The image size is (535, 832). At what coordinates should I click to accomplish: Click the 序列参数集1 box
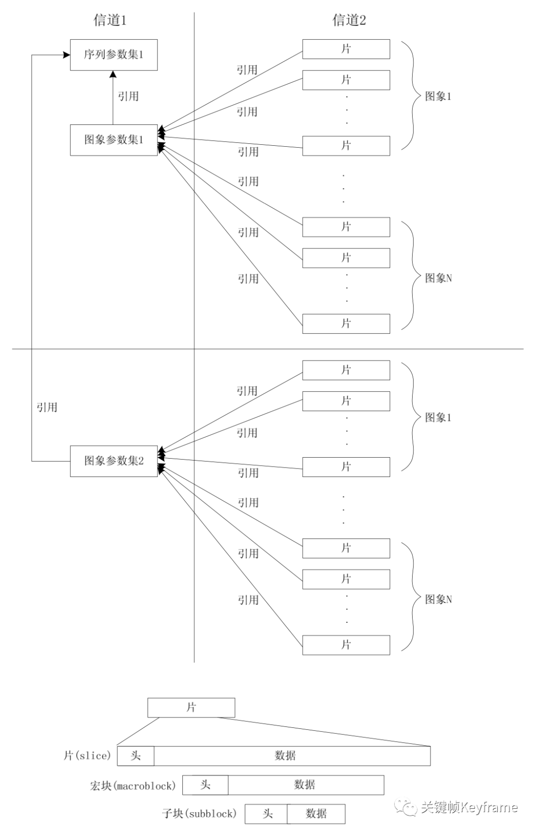(113, 55)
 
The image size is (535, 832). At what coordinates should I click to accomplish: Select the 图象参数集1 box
(113, 140)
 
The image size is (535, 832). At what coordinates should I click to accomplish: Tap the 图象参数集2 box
(113, 461)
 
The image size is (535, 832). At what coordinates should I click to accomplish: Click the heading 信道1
(110, 20)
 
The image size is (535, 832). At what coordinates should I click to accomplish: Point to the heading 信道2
(349, 20)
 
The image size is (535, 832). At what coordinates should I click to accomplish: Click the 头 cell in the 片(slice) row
(136, 756)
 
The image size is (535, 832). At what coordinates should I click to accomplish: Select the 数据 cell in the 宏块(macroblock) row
(305, 784)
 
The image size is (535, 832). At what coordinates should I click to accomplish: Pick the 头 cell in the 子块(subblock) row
(267, 813)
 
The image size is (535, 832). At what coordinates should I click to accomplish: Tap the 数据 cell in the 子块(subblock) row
(316, 813)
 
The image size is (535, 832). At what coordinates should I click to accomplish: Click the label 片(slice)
(87, 756)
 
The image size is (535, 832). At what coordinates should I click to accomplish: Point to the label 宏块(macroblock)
(132, 785)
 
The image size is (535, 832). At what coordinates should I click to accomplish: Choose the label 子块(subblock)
(199, 814)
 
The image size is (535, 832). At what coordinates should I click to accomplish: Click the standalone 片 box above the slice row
(191, 708)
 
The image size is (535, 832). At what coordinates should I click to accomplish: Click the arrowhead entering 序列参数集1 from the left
(66, 55)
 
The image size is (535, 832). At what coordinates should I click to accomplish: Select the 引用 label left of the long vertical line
(47, 408)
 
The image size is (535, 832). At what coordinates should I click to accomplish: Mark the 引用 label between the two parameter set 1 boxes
(128, 96)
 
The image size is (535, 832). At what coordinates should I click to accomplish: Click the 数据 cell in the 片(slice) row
(285, 756)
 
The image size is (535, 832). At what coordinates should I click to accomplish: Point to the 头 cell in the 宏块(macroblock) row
(205, 784)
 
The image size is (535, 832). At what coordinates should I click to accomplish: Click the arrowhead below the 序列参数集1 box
(113, 74)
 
